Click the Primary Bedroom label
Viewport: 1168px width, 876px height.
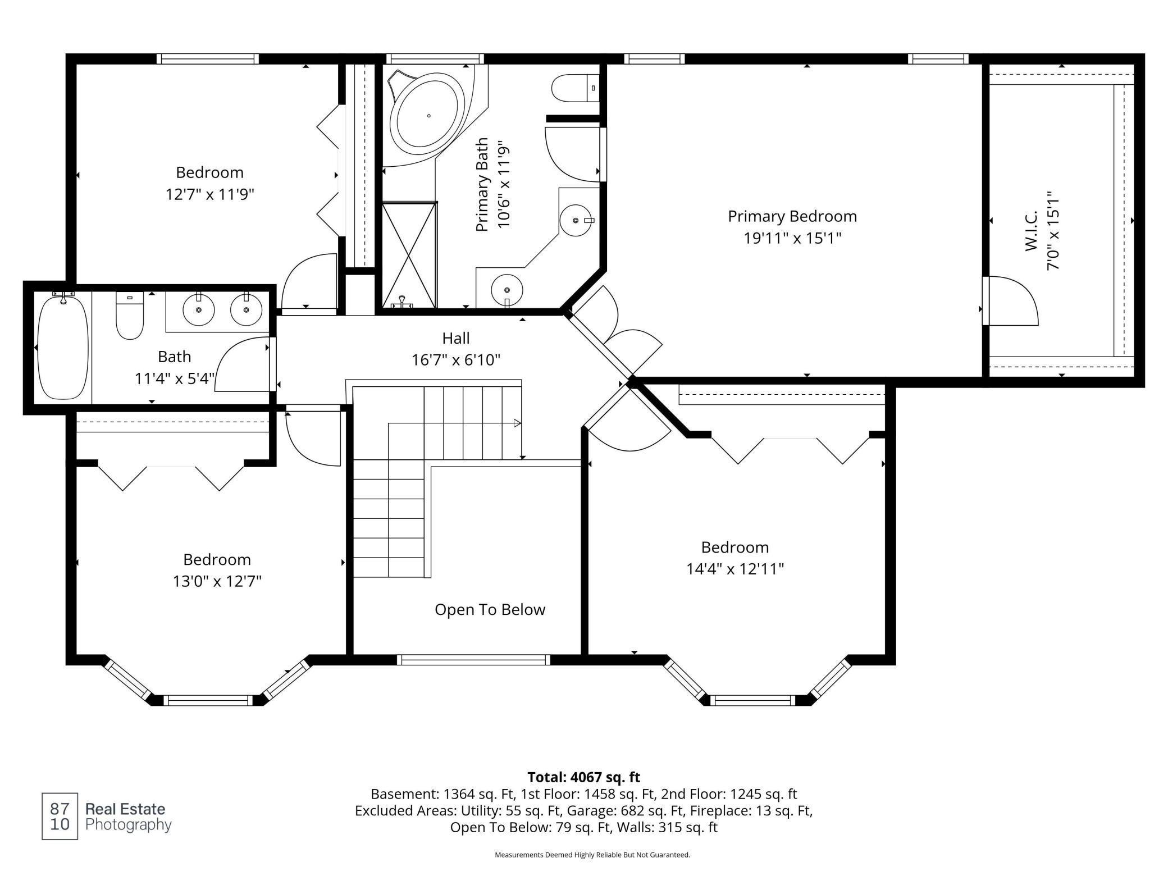pos(792,217)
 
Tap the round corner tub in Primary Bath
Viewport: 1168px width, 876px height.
pos(428,116)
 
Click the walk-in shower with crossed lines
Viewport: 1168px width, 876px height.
pos(409,255)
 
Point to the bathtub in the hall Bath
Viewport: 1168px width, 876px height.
pos(63,348)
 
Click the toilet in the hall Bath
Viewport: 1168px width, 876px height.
pos(130,317)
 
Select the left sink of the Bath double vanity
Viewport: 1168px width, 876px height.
pos(198,309)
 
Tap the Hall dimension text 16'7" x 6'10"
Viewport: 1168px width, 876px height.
pos(455,360)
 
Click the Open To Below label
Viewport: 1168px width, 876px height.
pos(490,610)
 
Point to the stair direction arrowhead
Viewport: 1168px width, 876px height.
pos(517,423)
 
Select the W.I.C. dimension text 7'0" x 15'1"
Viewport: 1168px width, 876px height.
pos(1052,230)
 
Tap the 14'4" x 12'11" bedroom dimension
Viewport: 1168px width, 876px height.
pos(734,569)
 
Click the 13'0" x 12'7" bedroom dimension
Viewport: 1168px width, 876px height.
pos(217,581)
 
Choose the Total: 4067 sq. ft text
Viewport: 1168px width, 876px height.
pos(583,777)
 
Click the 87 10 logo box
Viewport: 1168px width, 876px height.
pos(60,816)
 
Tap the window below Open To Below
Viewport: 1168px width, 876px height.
pos(473,660)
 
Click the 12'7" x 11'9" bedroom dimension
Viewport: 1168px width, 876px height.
pos(209,195)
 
